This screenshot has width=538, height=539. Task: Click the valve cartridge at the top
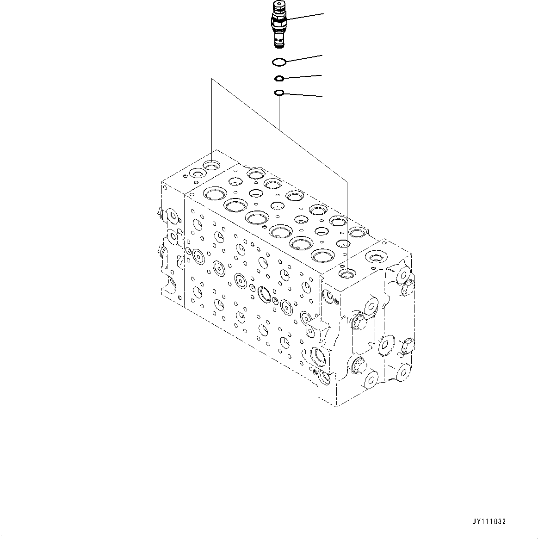click(279, 25)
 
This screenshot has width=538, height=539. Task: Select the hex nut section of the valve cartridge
click(279, 21)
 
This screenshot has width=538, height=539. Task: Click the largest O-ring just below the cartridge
click(278, 62)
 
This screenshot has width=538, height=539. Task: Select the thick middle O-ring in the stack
click(279, 78)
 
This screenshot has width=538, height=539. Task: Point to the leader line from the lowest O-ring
click(303, 95)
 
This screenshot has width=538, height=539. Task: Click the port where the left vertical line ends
click(212, 164)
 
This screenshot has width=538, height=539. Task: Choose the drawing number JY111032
click(489, 521)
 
